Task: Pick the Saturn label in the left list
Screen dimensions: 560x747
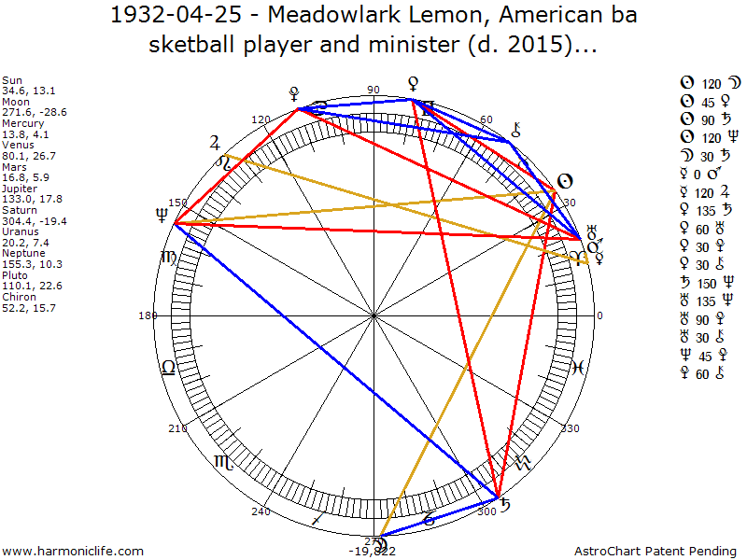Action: point(20,210)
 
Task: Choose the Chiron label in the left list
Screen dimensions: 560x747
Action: point(20,296)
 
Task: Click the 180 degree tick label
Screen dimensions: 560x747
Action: point(148,316)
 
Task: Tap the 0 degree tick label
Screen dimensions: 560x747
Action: point(599,316)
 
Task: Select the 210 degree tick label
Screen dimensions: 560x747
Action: point(177,429)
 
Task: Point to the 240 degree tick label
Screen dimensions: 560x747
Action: point(261,511)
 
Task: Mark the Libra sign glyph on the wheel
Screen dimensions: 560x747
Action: point(168,368)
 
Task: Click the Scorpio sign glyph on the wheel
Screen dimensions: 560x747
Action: point(224,461)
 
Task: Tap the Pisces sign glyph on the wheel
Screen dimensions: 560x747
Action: point(577,368)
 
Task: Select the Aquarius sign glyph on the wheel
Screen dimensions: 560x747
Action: point(524,461)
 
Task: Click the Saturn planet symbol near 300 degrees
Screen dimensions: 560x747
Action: point(505,506)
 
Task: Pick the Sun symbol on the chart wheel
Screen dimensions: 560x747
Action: point(563,181)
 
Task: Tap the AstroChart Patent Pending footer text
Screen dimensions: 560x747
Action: point(659,552)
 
